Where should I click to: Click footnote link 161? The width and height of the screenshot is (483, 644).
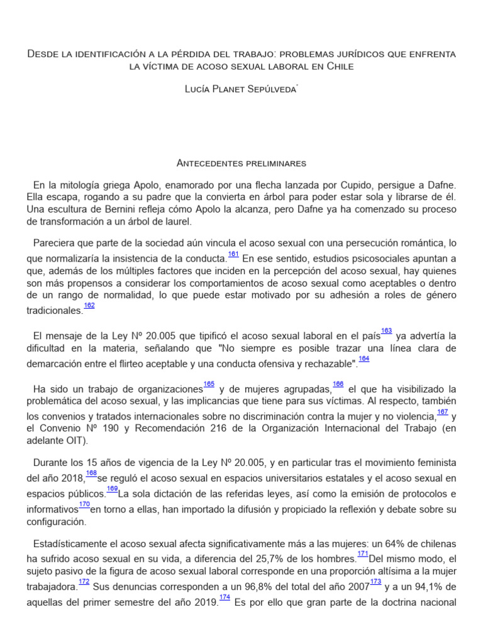(x=233, y=254)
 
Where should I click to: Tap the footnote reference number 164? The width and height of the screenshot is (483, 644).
(x=364, y=359)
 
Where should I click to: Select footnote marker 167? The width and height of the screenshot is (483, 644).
(x=443, y=412)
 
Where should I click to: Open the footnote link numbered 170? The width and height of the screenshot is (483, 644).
(x=85, y=504)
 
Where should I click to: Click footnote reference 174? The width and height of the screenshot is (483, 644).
(x=225, y=597)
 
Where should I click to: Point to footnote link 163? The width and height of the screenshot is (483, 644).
(x=387, y=331)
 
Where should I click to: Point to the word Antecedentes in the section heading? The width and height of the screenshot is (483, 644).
(x=206, y=164)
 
